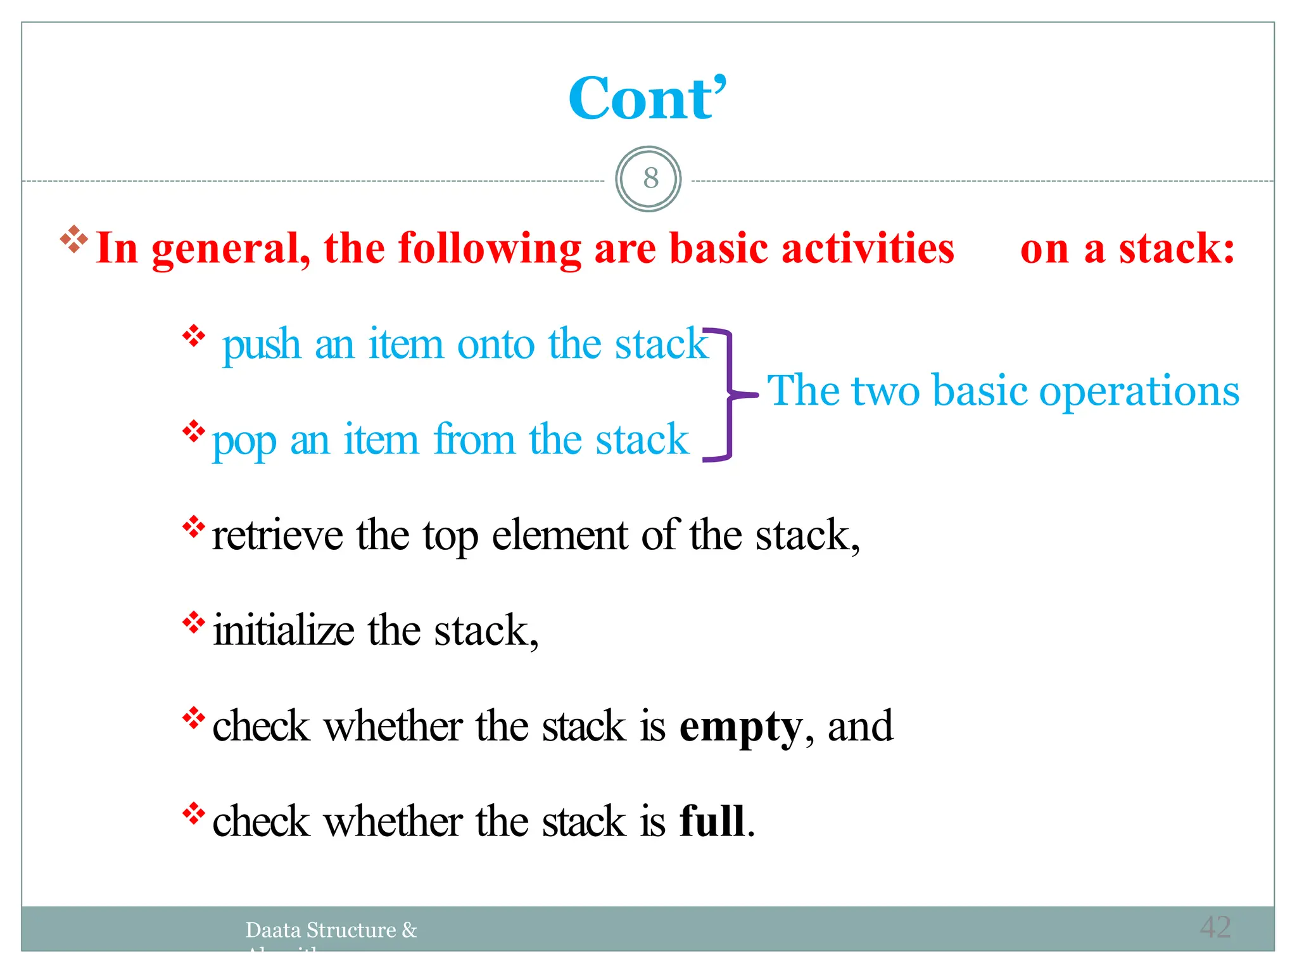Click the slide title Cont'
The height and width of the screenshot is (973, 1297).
647,99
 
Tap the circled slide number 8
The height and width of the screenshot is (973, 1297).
648,179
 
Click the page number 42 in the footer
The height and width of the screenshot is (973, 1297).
1215,927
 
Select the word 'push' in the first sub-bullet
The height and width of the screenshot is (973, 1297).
262,346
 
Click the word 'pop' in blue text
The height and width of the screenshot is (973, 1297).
244,441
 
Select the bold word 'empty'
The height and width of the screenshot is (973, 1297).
740,728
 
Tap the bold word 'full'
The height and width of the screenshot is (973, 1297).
712,822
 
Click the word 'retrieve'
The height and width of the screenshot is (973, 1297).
277,536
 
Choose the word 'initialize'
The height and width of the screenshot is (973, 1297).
283,631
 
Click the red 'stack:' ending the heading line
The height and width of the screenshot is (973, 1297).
1176,248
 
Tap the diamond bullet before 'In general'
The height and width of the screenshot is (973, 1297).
73,239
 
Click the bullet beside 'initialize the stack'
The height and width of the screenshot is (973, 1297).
193,622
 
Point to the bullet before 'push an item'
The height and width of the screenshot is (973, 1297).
193,336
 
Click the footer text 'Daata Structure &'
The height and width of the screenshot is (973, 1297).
331,930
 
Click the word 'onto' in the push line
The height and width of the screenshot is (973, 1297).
496,345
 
